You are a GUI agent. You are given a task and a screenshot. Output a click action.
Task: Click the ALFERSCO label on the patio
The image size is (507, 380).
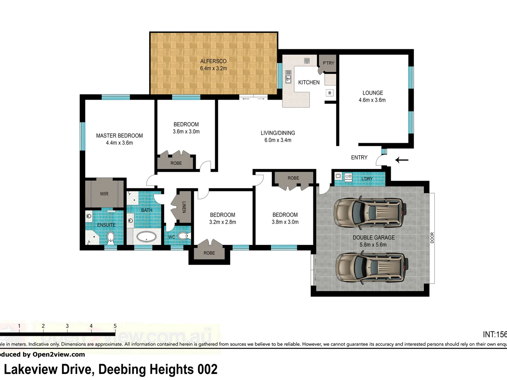213,61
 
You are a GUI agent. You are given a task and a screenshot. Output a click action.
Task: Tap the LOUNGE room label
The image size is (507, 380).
373,93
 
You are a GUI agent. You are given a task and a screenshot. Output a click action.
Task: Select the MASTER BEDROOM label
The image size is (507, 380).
119,135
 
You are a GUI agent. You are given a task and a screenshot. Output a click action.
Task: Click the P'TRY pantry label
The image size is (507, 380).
328,63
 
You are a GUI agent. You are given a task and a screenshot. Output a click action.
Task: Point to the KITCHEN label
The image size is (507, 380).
309,82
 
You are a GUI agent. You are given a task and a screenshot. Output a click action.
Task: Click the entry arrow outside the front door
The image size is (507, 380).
401,160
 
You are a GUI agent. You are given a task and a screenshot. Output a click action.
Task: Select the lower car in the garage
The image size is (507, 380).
371,267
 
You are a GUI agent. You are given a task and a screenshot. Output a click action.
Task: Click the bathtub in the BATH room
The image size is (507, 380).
146,236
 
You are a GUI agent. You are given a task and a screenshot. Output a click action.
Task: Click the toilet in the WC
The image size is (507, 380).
183,236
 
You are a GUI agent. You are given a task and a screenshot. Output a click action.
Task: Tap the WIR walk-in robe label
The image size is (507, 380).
104,194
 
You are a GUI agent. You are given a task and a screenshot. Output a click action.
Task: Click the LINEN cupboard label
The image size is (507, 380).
183,207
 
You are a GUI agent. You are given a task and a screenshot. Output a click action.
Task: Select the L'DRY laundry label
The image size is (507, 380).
367,179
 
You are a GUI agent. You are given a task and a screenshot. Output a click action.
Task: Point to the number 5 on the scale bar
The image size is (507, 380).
115,326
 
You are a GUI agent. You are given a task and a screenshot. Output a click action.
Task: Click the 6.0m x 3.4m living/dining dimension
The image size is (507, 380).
278,140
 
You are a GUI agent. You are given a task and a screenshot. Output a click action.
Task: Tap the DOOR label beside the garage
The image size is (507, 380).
432,237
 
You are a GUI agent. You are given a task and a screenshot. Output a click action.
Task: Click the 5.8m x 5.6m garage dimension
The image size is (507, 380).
373,245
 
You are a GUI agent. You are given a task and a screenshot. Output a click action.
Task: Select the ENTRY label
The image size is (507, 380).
359,158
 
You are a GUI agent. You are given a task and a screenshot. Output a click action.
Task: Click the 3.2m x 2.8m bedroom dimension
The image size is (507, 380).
223,222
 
